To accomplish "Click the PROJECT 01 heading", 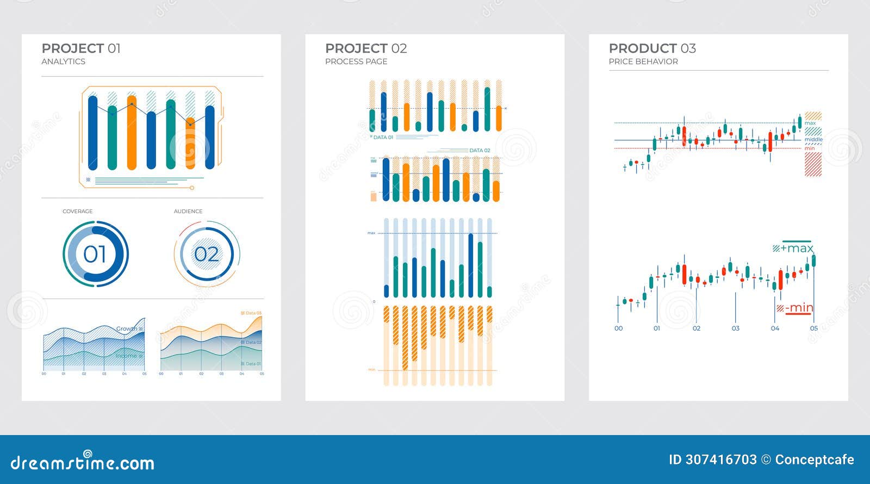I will [81, 48].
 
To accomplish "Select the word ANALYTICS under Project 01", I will [63, 61].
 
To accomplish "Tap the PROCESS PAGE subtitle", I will [356, 61].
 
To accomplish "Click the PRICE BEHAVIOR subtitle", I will [643, 61].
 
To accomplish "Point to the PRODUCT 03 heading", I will [652, 48].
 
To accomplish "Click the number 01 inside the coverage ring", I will [95, 254].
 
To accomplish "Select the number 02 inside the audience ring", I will [207, 254].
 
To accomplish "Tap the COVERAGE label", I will [77, 211].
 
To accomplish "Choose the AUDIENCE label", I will [188, 211].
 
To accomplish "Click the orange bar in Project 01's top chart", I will [132, 133].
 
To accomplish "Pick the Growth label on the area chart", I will [127, 328].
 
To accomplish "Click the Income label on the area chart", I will [126, 356].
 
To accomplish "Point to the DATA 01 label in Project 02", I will [383, 138].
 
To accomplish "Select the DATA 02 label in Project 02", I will [480, 151].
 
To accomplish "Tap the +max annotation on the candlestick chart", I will [797, 249].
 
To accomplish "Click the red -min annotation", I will [799, 308].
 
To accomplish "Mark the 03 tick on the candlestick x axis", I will [736, 328].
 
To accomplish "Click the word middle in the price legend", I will [813, 140].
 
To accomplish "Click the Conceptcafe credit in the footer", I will [815, 460].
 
